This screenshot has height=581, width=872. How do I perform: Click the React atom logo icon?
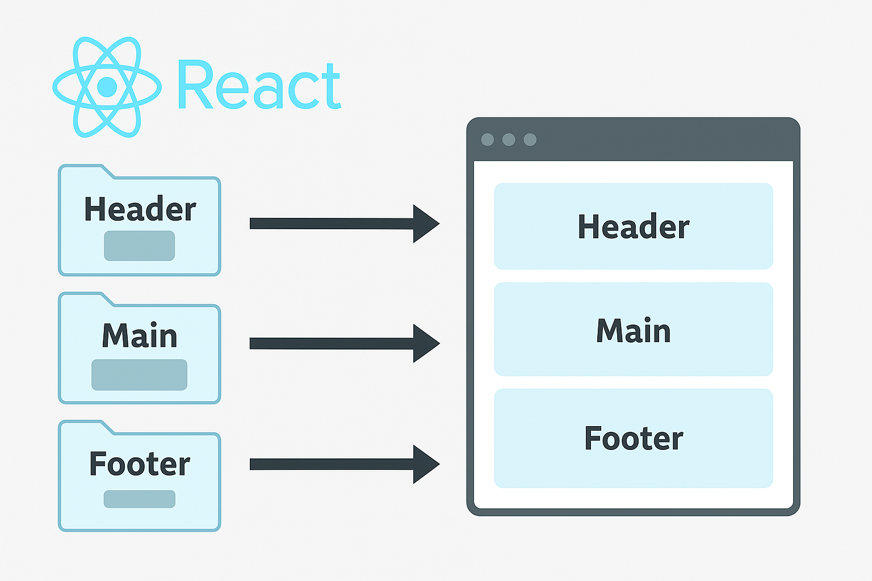click(107, 87)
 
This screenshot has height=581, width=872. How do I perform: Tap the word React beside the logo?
click(259, 85)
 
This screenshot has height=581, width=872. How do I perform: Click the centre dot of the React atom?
click(107, 87)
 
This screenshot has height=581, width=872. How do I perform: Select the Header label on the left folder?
click(140, 209)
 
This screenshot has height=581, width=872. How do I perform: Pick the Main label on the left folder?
click(139, 335)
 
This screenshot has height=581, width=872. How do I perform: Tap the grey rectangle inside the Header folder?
click(139, 246)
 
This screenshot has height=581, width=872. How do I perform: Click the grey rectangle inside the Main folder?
click(139, 374)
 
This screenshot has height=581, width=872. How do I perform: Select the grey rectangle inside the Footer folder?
click(139, 499)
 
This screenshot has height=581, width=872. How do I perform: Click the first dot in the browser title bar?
click(488, 140)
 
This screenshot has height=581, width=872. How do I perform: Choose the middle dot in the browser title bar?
click(509, 140)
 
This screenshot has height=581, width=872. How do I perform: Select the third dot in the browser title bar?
click(530, 140)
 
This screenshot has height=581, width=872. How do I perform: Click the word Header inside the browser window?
click(634, 226)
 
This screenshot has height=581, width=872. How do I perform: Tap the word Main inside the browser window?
click(634, 330)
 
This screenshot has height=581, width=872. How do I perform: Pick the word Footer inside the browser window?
click(634, 438)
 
